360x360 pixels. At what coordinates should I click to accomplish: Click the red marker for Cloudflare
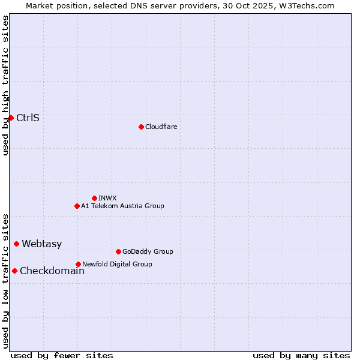(x=141, y=127)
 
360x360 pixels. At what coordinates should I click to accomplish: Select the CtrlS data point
(x=11, y=118)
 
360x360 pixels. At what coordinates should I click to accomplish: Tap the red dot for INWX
(x=94, y=198)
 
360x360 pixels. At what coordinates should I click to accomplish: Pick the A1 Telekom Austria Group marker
(x=77, y=206)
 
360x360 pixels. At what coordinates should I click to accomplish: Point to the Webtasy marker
(x=16, y=244)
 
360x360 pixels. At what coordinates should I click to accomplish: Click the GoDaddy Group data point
(x=118, y=251)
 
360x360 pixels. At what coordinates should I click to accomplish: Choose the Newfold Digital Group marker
(x=78, y=264)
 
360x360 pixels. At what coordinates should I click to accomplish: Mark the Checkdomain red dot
(x=14, y=271)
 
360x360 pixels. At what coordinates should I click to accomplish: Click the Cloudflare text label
(x=161, y=127)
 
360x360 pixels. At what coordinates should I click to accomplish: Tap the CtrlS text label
(x=28, y=118)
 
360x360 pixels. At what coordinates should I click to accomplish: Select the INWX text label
(x=107, y=198)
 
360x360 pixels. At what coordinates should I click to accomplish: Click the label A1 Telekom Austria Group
(x=122, y=206)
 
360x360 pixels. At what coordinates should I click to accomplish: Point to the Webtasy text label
(x=41, y=244)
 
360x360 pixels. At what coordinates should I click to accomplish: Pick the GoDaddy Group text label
(x=148, y=251)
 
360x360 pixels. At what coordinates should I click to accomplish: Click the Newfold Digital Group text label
(x=117, y=264)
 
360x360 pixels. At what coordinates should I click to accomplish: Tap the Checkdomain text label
(x=52, y=271)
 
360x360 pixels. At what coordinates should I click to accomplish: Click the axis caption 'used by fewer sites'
(x=62, y=355)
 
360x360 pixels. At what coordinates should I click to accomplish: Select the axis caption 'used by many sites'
(x=301, y=355)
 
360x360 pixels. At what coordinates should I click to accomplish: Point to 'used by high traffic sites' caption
(x=5, y=85)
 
